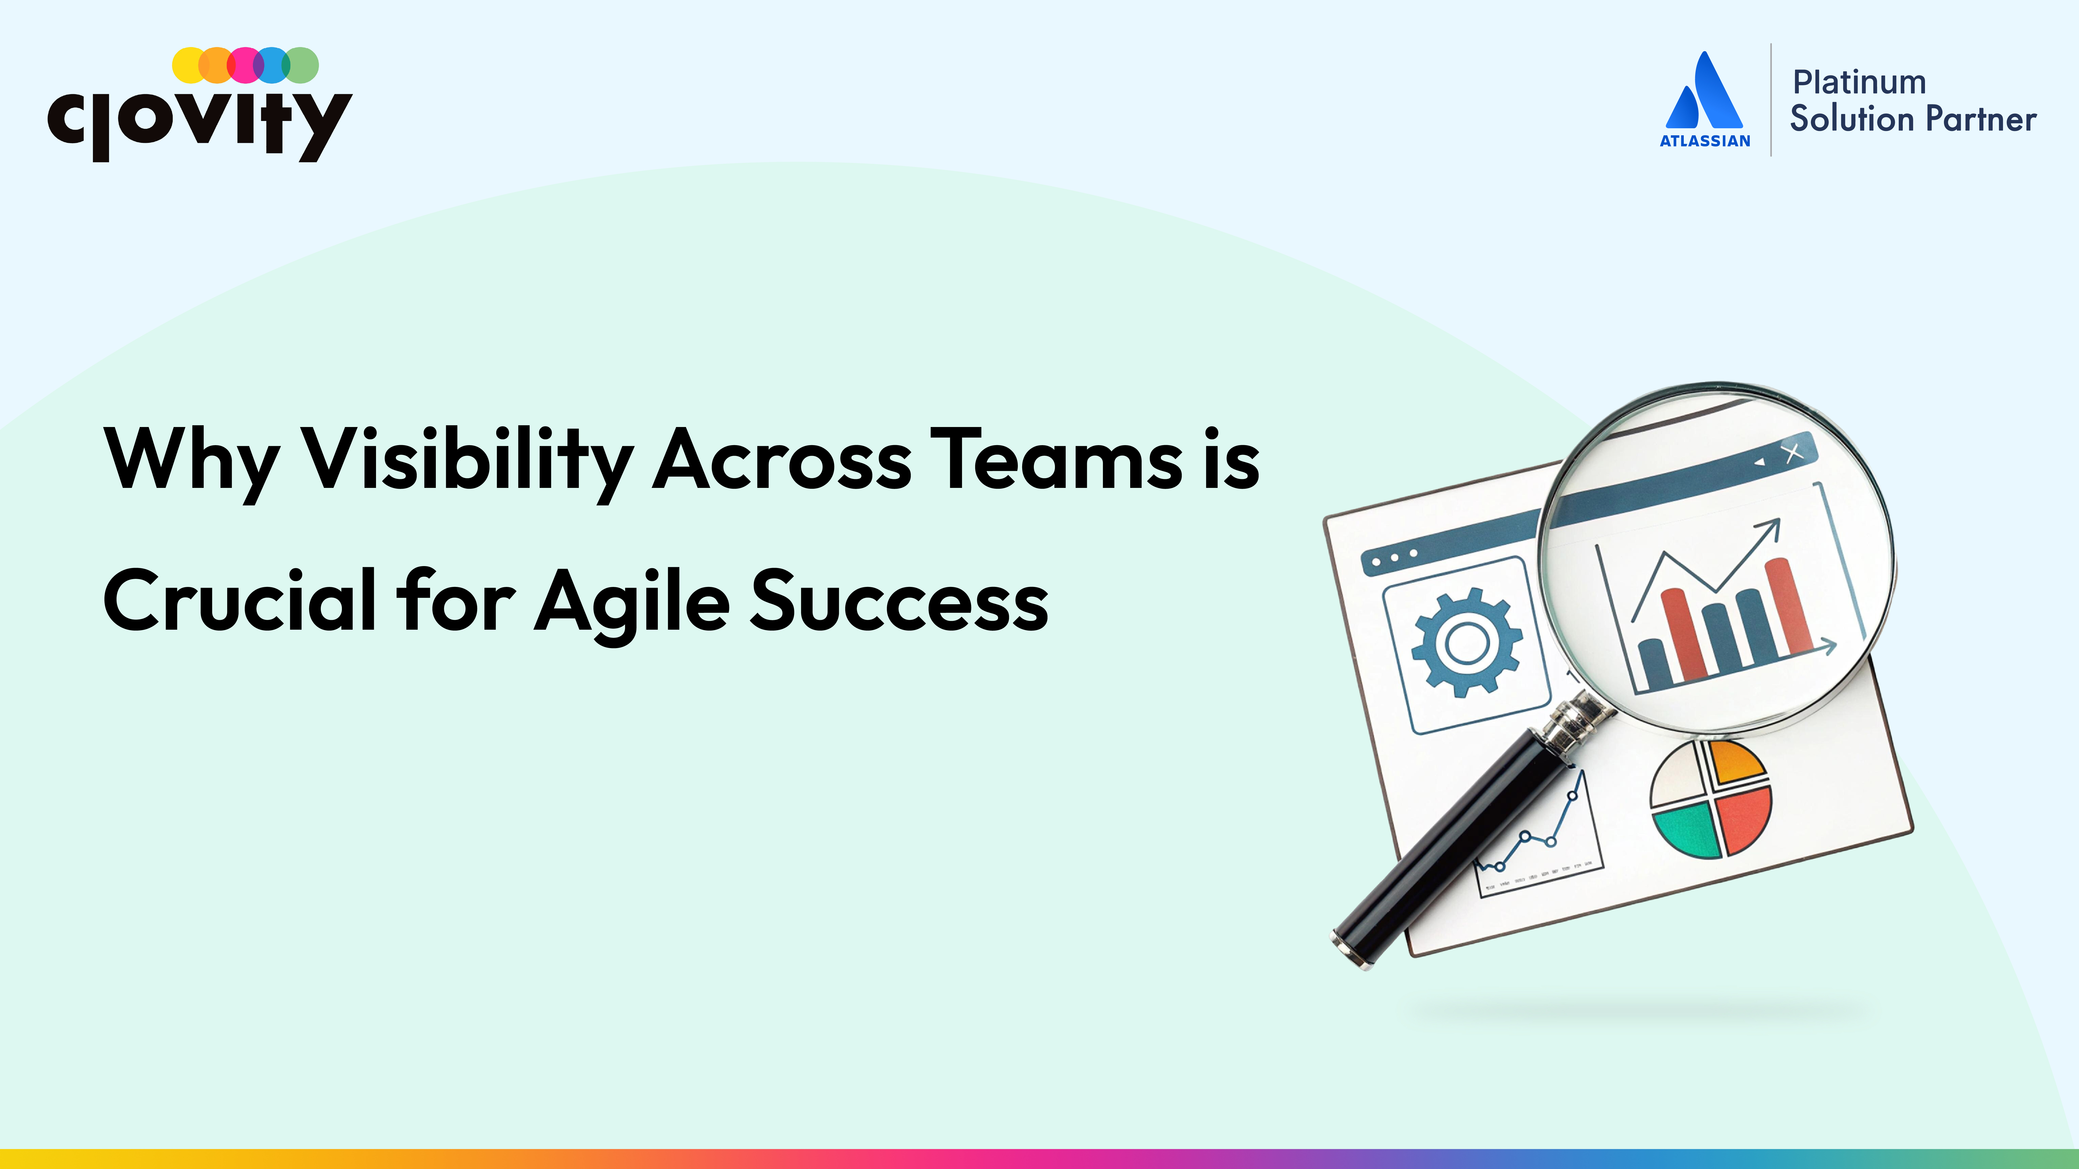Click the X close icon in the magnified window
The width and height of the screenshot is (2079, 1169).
(1793, 453)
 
